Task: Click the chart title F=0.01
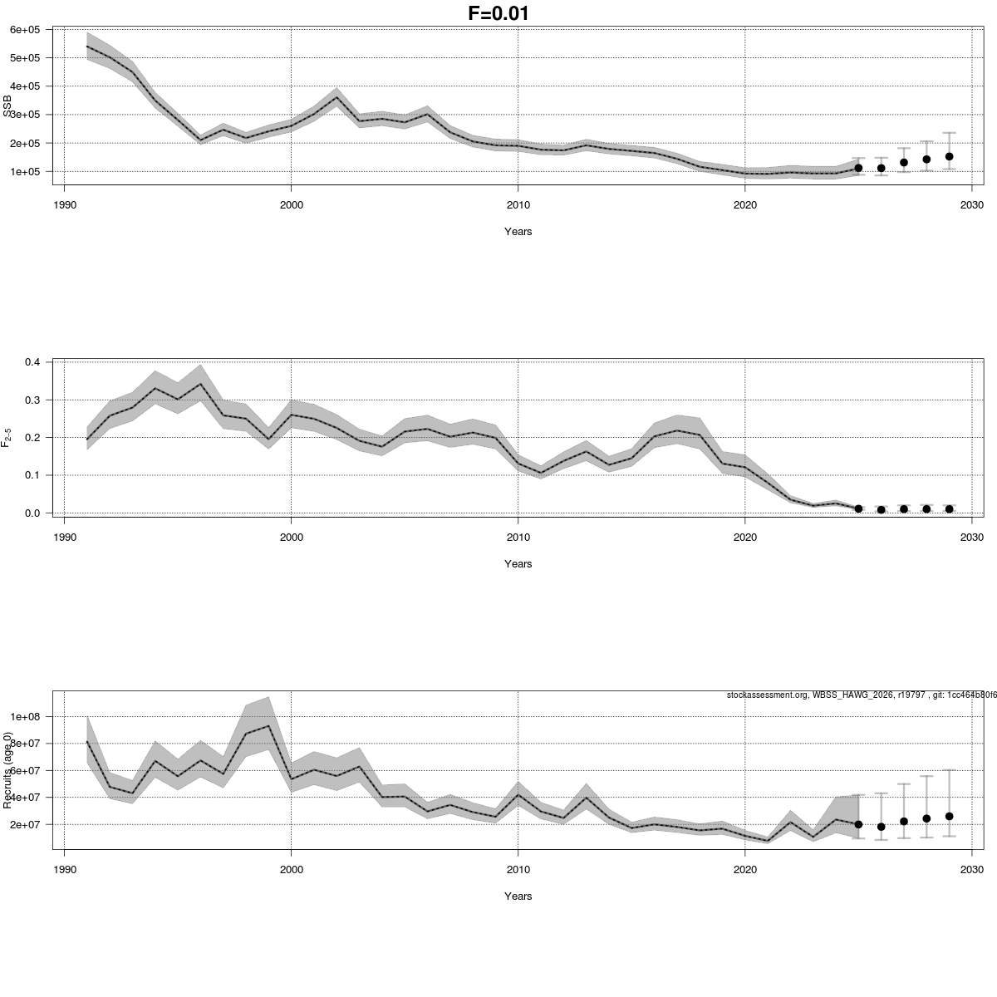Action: click(x=498, y=13)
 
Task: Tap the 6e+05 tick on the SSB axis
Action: click(x=26, y=30)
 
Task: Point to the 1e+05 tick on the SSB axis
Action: click(x=26, y=171)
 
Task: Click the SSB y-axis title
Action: click(x=7, y=106)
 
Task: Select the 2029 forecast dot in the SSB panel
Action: click(x=949, y=156)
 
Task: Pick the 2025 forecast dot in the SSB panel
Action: click(x=858, y=168)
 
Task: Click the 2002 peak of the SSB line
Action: click(x=336, y=97)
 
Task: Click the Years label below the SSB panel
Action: click(x=518, y=232)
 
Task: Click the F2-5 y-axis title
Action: click(x=7, y=437)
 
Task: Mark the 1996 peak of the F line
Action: click(x=200, y=384)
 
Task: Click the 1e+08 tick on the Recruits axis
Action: click(x=26, y=716)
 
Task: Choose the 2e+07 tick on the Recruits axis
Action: click(x=26, y=824)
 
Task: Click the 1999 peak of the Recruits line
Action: click(x=268, y=726)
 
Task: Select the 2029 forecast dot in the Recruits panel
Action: click(x=949, y=816)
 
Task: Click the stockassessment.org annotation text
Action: click(x=861, y=695)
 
